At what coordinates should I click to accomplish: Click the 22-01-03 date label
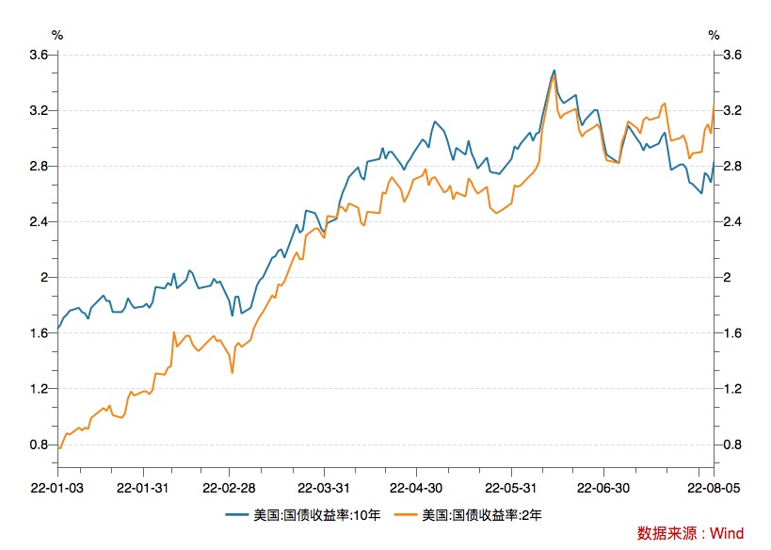pyautogui.click(x=56, y=488)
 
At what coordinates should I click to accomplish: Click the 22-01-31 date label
pyautogui.click(x=143, y=488)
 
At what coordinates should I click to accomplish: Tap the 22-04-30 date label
pyautogui.click(x=417, y=488)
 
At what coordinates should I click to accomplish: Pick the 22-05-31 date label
pyautogui.click(x=510, y=488)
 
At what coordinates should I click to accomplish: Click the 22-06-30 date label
pyautogui.click(x=603, y=488)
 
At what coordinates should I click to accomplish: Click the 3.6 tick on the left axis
pyautogui.click(x=39, y=55)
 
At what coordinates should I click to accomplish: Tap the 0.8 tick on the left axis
pyautogui.click(x=39, y=445)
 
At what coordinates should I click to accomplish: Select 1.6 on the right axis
pyautogui.click(x=731, y=333)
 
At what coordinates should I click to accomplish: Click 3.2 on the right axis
pyautogui.click(x=731, y=110)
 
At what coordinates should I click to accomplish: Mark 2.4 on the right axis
pyautogui.click(x=731, y=222)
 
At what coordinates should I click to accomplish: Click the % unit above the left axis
pyautogui.click(x=57, y=35)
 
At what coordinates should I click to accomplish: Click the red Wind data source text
pyautogui.click(x=690, y=533)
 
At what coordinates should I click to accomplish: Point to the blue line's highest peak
pyautogui.click(x=554, y=70)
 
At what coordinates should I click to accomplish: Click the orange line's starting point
pyautogui.click(x=59, y=448)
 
